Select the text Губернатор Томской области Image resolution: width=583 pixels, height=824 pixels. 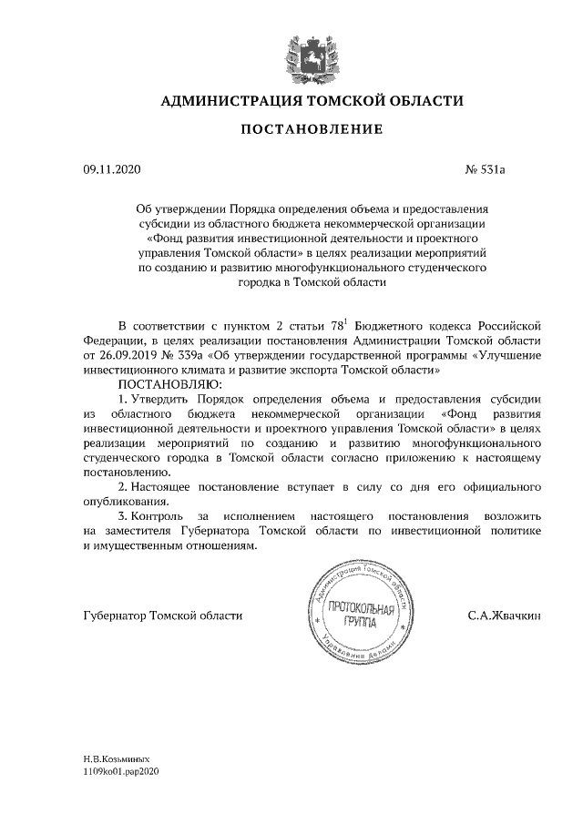(149, 616)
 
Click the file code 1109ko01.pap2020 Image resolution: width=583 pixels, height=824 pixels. (120, 770)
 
